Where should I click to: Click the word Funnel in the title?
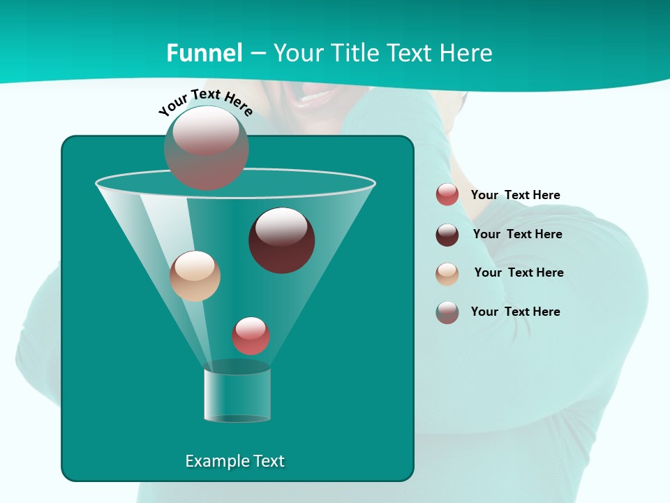[x=204, y=53]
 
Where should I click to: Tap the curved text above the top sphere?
[x=205, y=102]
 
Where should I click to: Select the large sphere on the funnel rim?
[x=206, y=148]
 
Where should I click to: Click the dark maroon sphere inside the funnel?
[x=282, y=240]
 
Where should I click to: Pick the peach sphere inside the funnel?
[x=195, y=276]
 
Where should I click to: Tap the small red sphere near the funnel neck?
[x=251, y=335]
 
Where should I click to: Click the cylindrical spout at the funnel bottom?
[x=237, y=395]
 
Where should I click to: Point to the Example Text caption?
[x=234, y=461]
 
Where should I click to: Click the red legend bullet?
[x=447, y=195]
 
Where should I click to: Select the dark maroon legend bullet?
[x=447, y=235]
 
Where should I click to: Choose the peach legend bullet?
[x=447, y=274]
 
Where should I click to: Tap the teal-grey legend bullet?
[x=447, y=312]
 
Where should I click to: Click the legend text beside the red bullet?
[x=515, y=196]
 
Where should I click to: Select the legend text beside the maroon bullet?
[x=517, y=235]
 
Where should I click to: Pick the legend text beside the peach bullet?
[x=519, y=273]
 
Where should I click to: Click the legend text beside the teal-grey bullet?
[x=515, y=312]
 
